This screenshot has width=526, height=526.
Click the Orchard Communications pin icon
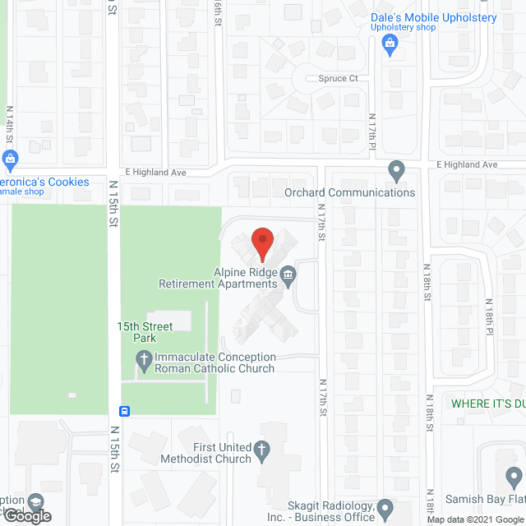tap(397, 171)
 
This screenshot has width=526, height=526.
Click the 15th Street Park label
tap(145, 332)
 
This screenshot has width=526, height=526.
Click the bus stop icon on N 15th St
tap(123, 410)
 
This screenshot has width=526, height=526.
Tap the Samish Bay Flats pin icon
tap(514, 477)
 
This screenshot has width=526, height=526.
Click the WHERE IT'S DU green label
tap(488, 404)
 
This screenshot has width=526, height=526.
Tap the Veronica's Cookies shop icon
tap(10, 159)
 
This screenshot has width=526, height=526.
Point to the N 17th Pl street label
tap(372, 131)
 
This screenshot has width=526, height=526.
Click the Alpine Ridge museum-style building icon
tap(288, 275)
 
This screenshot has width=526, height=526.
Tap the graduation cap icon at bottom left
tap(35, 501)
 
